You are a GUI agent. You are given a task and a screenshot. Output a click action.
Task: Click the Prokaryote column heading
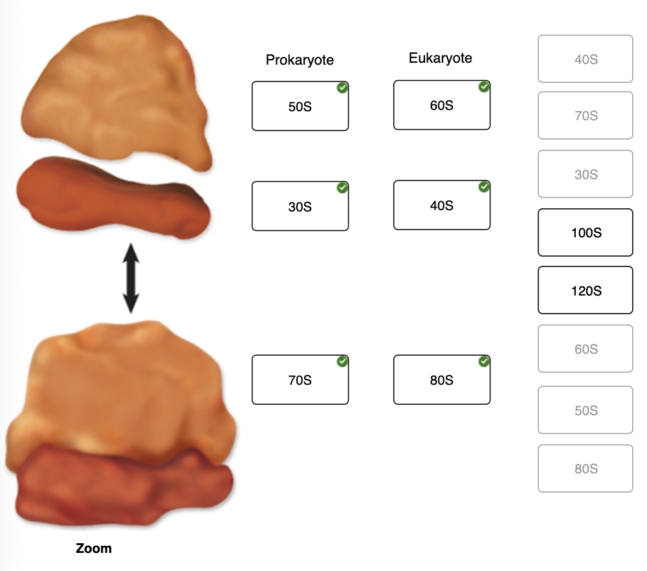coord(300,60)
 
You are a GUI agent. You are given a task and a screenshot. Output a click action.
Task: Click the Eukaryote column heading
coord(440,58)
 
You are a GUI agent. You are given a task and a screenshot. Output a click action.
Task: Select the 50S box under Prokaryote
coord(300,106)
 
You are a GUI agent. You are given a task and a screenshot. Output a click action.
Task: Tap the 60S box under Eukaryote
coord(442,105)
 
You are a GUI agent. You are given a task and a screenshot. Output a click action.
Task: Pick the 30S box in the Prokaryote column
coord(300,206)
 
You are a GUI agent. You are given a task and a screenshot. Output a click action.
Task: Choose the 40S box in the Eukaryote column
coord(442,205)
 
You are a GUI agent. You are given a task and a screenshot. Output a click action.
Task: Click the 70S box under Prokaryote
coord(300,380)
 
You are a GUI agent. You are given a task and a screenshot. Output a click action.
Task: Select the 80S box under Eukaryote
coord(442,380)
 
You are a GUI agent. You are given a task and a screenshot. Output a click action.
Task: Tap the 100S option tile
coord(586,233)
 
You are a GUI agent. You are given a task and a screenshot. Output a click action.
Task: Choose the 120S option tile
coord(586,290)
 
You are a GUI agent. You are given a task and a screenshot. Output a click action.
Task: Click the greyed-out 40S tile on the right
coord(586,59)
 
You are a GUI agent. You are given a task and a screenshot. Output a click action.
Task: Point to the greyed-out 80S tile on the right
coord(586,468)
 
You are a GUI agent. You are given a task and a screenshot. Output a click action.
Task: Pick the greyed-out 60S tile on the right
coord(586,349)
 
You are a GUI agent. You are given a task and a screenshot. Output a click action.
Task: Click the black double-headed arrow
coord(131,278)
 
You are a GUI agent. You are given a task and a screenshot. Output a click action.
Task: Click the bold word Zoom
coord(94,548)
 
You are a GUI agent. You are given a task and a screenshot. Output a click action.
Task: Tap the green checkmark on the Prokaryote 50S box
coord(342,88)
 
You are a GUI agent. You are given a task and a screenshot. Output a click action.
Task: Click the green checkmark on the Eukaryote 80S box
coord(484,361)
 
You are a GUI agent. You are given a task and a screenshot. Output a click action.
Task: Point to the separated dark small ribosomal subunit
coord(113,198)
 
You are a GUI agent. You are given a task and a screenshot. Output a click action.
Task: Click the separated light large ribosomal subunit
coord(116,92)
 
